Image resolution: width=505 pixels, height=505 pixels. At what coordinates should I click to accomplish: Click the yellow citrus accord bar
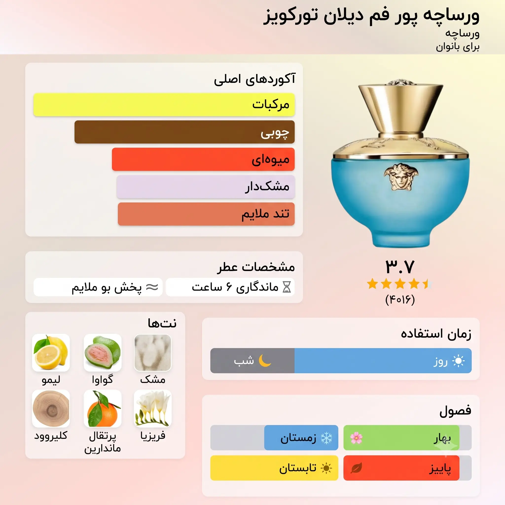point(164,105)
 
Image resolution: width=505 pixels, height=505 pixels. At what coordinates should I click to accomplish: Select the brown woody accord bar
point(184,132)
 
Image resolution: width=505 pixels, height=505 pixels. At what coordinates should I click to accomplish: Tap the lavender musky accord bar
point(206,187)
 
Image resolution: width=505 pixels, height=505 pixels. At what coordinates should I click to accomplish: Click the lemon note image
point(51,352)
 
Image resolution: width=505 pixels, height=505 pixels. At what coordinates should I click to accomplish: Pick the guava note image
point(103,352)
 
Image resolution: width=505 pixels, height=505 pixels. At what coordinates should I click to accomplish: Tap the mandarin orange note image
point(103,409)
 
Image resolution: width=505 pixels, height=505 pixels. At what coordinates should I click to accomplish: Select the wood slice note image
point(51,409)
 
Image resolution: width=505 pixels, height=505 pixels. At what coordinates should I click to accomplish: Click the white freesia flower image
point(153,409)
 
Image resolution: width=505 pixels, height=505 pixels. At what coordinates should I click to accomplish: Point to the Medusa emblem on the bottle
point(401,177)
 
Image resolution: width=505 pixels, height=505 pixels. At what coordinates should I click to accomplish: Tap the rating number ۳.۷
point(400,267)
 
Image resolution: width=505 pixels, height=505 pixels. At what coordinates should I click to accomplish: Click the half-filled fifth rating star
point(428,284)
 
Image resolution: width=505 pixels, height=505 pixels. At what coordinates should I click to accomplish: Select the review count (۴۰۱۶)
point(400,300)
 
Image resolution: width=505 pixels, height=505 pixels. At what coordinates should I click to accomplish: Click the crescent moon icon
point(265,361)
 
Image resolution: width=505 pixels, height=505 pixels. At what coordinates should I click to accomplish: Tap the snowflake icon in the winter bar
point(326,438)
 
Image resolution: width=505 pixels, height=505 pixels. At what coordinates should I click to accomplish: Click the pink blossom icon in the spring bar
point(356,438)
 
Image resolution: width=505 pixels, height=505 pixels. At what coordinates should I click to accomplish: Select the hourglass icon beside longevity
point(287,287)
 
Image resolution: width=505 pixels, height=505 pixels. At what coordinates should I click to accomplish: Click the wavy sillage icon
point(152,287)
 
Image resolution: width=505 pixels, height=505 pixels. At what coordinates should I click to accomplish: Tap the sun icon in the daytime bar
point(458,361)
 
